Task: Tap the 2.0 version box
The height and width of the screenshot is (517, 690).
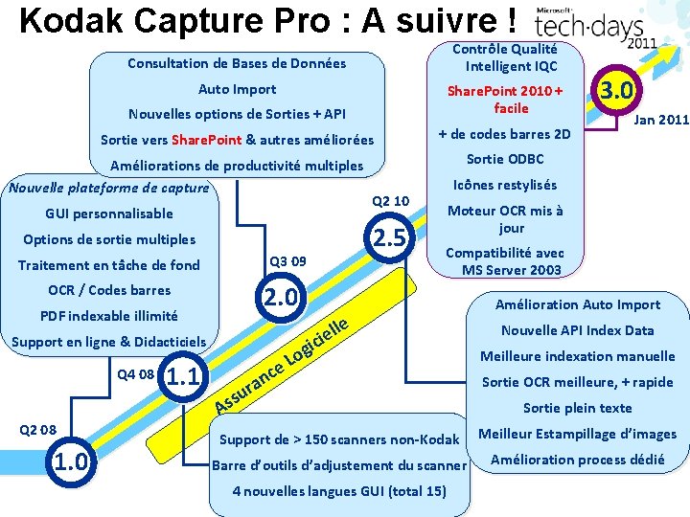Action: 280,297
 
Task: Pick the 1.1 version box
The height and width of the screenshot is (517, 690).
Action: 183,376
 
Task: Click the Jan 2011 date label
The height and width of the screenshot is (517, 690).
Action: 661,119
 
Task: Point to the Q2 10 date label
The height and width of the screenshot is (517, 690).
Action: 390,201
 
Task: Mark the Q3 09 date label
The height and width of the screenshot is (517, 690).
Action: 288,260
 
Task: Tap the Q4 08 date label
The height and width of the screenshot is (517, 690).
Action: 135,373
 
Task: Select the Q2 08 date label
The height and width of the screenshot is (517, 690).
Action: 38,428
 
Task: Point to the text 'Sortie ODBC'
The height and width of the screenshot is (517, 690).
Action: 505,159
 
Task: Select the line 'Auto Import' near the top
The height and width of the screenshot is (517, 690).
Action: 237,89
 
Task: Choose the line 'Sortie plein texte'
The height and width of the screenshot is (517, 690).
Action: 577,408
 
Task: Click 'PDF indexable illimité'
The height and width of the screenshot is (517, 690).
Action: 108,315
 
